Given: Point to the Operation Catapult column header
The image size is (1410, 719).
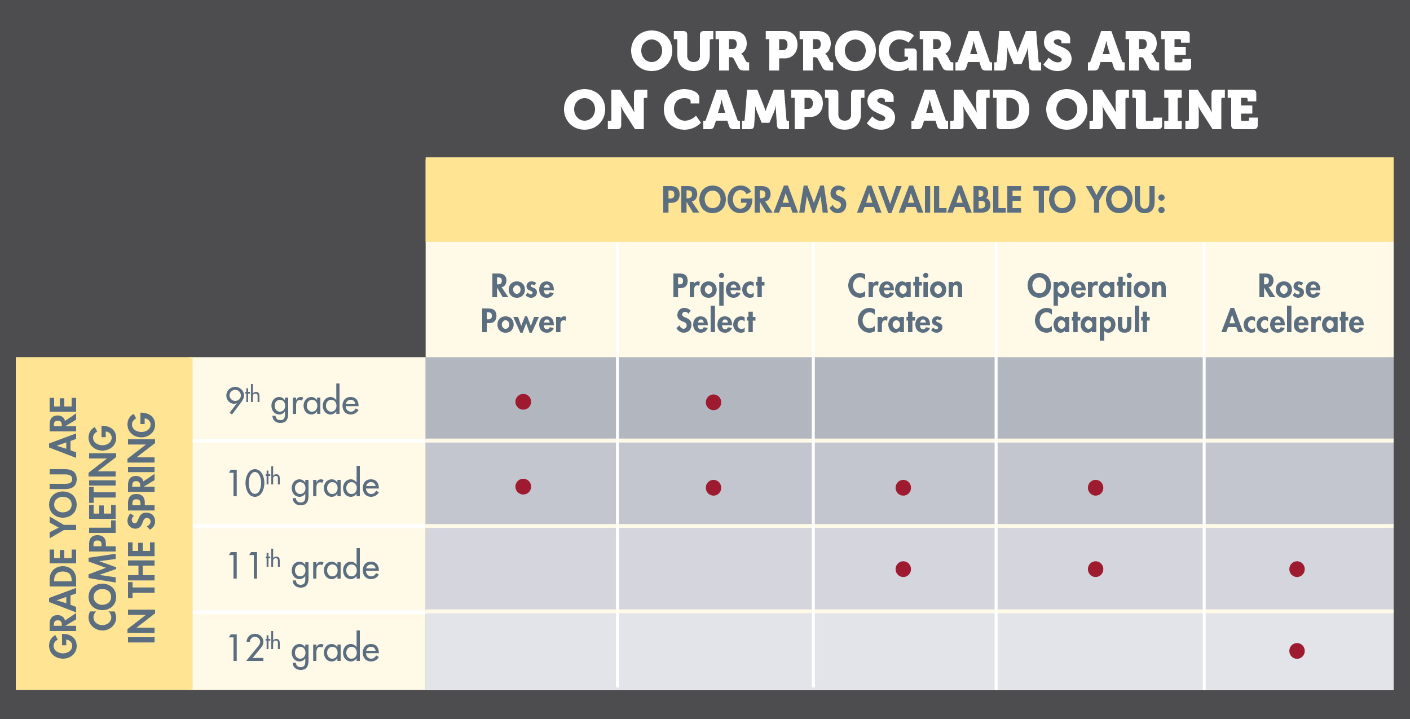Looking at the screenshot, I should coord(1096,305).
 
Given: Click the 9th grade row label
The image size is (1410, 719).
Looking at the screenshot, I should coord(292,401).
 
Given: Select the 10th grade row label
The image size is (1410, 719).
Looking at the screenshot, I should coord(303,484).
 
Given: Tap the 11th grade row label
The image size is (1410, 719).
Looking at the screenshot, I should coord(303,566).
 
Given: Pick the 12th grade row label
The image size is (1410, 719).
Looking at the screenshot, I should coord(303,649).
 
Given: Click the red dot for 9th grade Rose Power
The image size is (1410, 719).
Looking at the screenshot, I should coord(523,402).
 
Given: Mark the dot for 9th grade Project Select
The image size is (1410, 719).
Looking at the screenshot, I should coord(713,402).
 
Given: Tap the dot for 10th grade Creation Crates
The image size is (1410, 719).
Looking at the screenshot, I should coord(903,487).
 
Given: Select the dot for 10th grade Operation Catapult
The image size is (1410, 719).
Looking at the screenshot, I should coord(1095,487).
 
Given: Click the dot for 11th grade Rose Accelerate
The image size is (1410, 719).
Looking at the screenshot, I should coord(1297,569).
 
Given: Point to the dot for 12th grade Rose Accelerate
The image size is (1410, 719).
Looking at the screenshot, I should coord(1297,651).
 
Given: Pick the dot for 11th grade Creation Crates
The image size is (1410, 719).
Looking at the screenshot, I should coord(903,569).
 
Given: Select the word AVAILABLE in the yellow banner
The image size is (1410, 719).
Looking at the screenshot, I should coord(938,200).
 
